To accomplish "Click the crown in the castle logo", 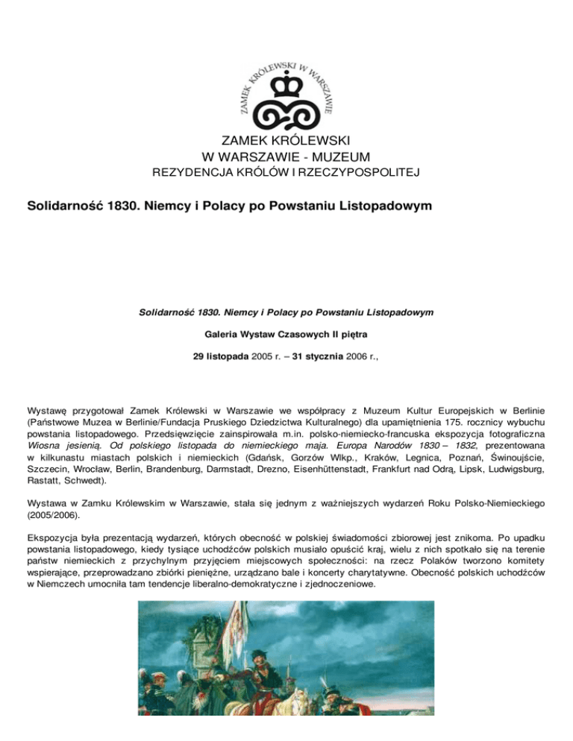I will [286, 86].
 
